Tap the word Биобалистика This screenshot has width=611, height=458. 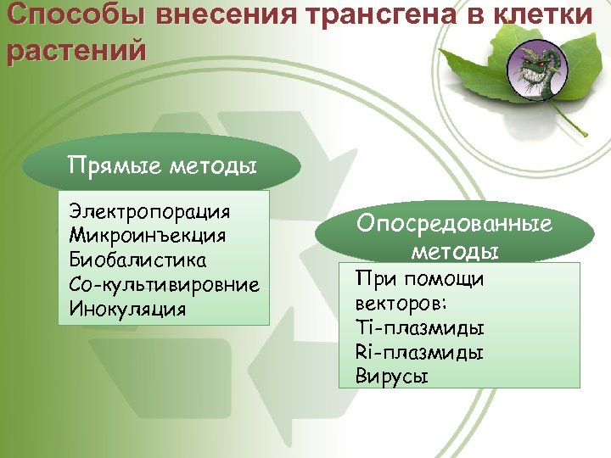pos(139,258)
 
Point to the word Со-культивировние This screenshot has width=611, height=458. pos(165,282)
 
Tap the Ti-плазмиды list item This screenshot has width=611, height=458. pos(419,327)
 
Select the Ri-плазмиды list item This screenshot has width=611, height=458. pos(419,351)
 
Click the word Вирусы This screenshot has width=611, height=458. pos(392,376)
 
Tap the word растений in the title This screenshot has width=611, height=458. pos(76,49)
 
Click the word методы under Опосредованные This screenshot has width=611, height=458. pos(454,252)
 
